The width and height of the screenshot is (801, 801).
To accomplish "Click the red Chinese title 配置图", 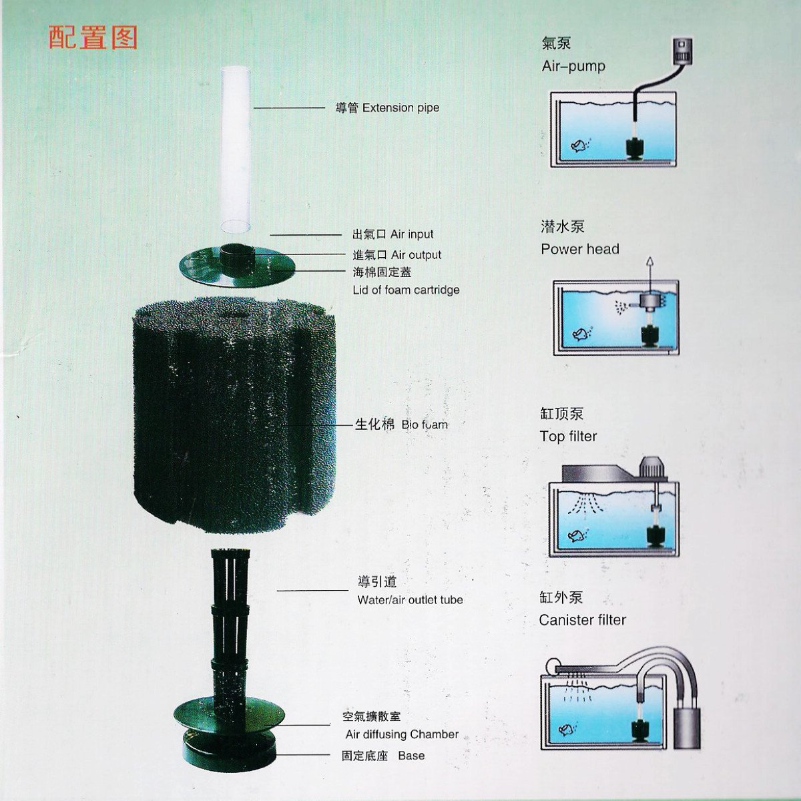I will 93,38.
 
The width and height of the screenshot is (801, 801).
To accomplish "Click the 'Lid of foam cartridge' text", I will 406,290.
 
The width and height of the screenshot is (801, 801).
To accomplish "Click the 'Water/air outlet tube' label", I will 410,599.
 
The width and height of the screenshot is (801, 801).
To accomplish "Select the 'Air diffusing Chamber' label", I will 402,734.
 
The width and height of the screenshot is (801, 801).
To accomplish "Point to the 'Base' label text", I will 411,756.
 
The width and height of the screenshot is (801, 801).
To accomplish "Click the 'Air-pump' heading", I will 573,66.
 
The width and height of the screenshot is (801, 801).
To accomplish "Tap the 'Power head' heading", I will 580,249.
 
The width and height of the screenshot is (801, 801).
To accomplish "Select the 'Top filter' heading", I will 568,436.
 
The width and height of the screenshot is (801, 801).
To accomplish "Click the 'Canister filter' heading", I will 583,619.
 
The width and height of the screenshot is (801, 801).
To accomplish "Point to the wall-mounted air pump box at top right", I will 682,49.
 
